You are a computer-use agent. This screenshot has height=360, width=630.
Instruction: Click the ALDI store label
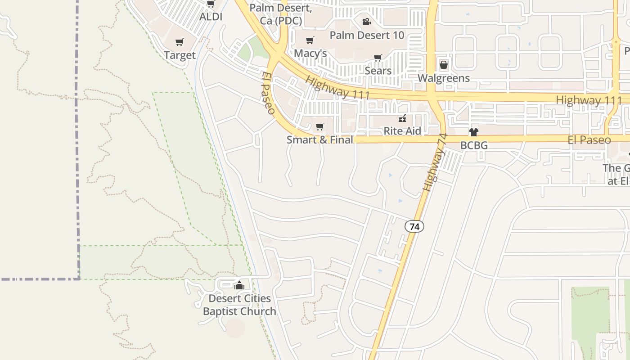211,17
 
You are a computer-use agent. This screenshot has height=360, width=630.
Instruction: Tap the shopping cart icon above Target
180,42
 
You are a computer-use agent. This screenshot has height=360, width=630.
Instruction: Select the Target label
180,55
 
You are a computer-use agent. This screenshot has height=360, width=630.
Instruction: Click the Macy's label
310,54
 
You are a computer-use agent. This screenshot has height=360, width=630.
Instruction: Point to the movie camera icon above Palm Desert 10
367,22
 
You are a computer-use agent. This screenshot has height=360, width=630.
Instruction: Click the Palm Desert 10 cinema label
367,35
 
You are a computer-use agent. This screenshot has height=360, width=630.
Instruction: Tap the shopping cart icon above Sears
378,58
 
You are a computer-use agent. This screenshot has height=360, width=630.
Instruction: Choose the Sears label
378,71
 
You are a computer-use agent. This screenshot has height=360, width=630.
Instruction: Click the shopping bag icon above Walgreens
444,65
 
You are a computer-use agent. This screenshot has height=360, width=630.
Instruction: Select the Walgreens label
444,78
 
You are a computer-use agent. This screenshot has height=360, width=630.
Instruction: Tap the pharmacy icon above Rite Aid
402,118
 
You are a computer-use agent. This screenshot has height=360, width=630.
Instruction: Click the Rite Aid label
402,131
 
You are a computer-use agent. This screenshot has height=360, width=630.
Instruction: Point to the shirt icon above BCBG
474,132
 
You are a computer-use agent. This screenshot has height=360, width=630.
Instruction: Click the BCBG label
474,146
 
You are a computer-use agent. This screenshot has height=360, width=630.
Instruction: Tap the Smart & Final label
320,140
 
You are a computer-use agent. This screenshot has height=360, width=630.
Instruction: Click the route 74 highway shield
414,226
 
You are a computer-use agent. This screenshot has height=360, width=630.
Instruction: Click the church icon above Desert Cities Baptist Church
239,285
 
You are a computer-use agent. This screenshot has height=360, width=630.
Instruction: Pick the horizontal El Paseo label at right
589,140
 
